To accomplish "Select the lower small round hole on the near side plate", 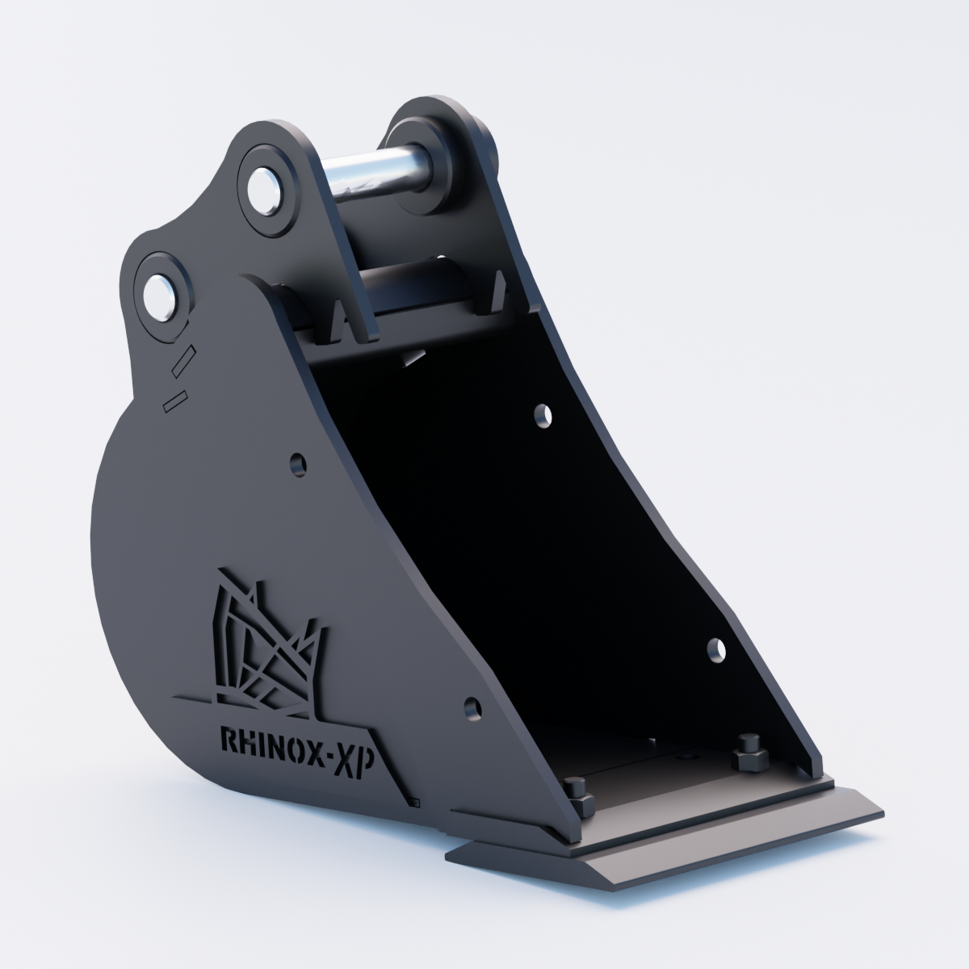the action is [472, 708].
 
